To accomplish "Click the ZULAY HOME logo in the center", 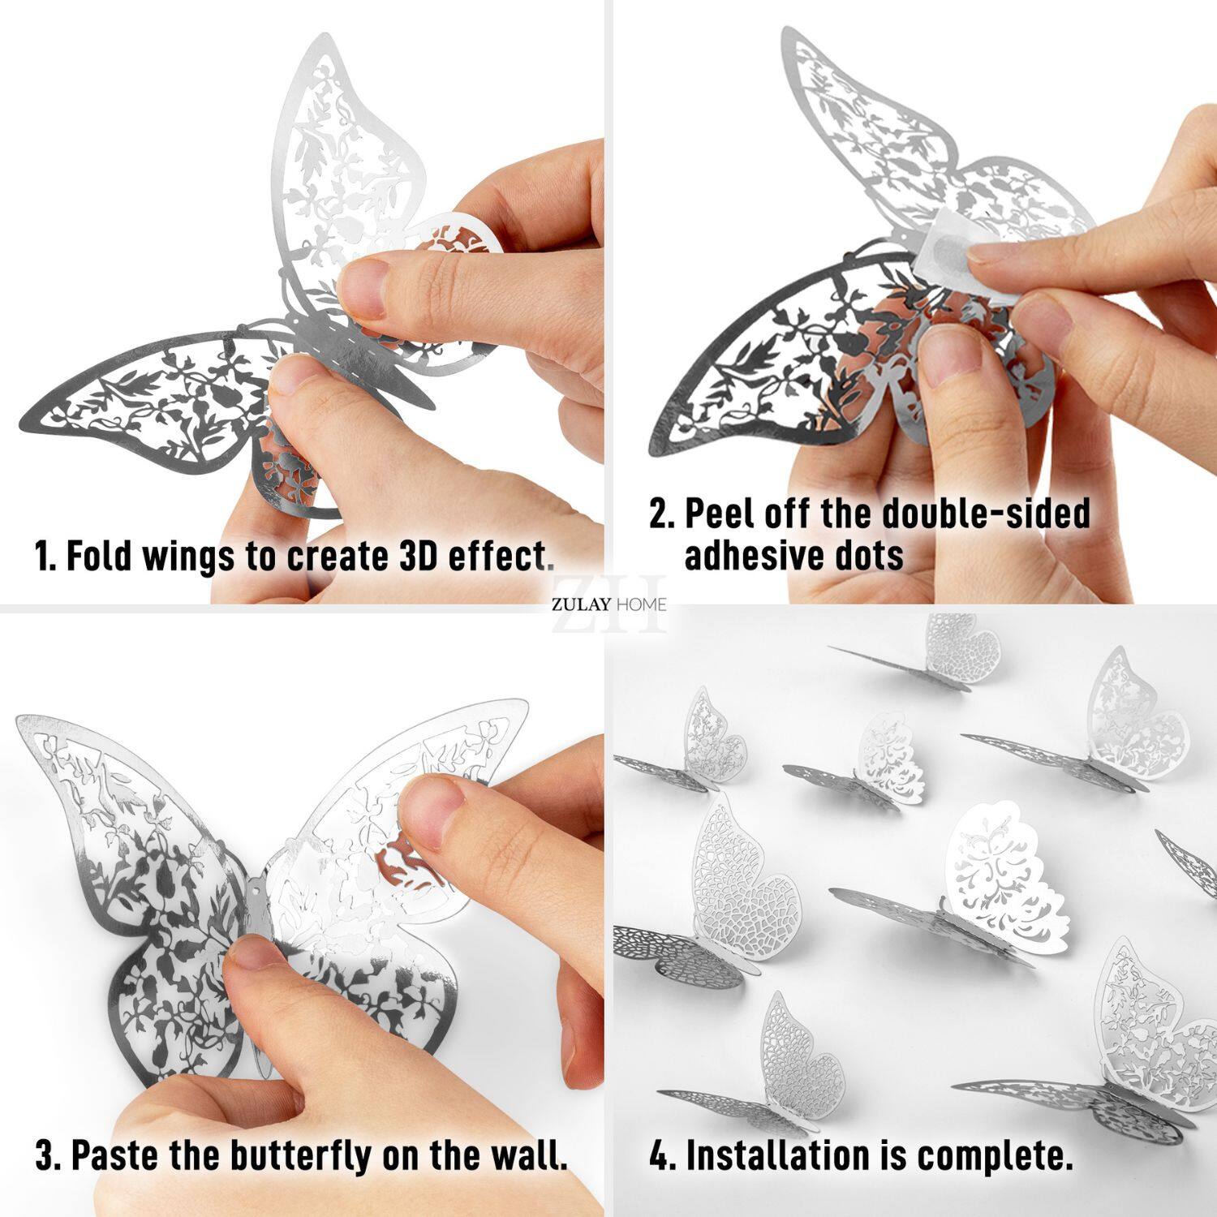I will (608, 604).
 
